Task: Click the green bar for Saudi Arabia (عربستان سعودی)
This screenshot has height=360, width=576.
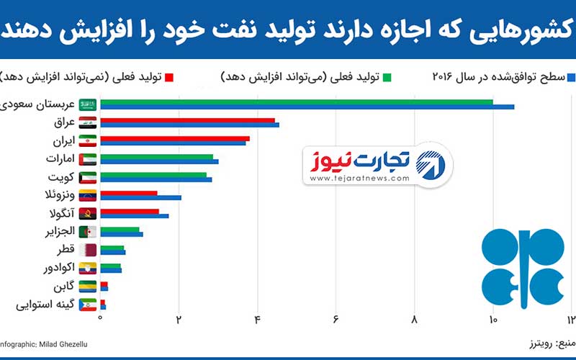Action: pyautogui.click(x=295, y=102)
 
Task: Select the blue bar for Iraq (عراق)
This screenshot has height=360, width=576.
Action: pyautogui.click(x=189, y=125)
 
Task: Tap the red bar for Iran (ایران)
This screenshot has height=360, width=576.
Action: pyautogui.click(x=174, y=138)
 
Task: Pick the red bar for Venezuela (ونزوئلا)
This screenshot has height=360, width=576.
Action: pyautogui.click(x=128, y=192)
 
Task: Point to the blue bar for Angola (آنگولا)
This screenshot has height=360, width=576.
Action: pyautogui.click(x=134, y=215)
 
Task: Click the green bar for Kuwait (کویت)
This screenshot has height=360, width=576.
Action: pyautogui.click(x=153, y=174)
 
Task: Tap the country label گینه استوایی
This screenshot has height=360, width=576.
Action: pyautogui.click(x=45, y=305)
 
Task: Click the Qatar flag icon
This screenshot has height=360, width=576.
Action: pyautogui.click(x=88, y=250)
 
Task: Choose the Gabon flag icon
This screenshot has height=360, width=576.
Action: pyautogui.click(x=88, y=287)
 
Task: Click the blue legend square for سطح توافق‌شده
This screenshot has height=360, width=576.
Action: pyautogui.click(x=571, y=76)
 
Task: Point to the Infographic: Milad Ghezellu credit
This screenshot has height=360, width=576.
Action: pyautogui.click(x=43, y=345)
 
